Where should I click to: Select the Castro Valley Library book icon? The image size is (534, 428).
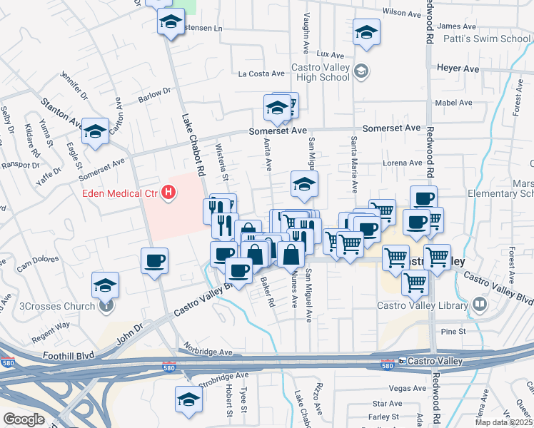click(480, 305)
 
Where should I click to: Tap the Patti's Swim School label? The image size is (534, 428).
click(483, 39)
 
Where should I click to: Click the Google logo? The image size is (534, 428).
click(24, 419)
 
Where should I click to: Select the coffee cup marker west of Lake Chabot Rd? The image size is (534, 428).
click(154, 260)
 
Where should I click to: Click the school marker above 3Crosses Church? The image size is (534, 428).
click(106, 285)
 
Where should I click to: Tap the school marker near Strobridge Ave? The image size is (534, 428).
click(189, 399)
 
